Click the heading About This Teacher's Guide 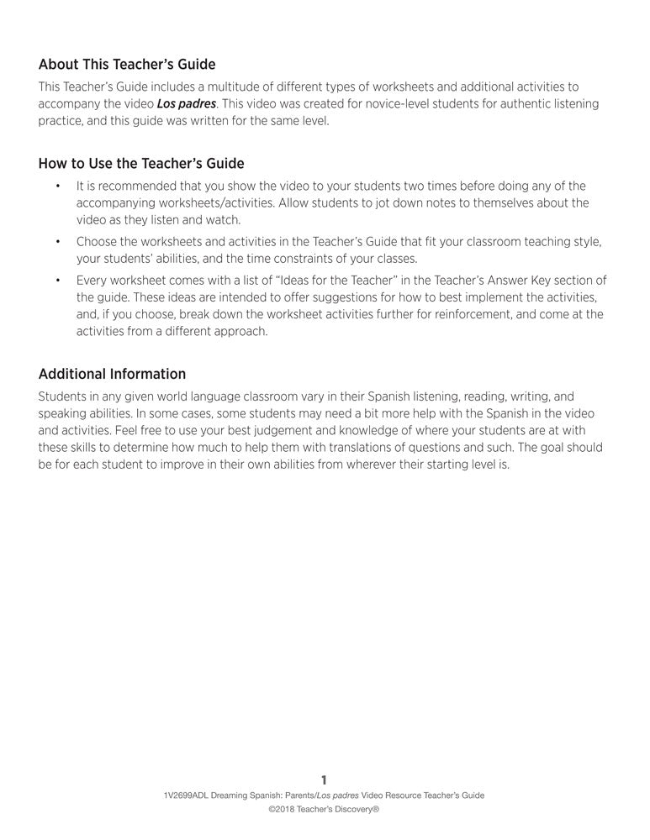coord(127,65)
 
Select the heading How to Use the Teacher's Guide coord(141,163)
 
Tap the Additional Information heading coord(112,374)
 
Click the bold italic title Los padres coord(186,104)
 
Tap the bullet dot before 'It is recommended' coord(58,186)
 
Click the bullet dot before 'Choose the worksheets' coord(58,242)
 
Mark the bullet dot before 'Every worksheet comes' coord(58,281)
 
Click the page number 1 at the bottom coord(325,780)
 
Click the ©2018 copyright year coord(283,811)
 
